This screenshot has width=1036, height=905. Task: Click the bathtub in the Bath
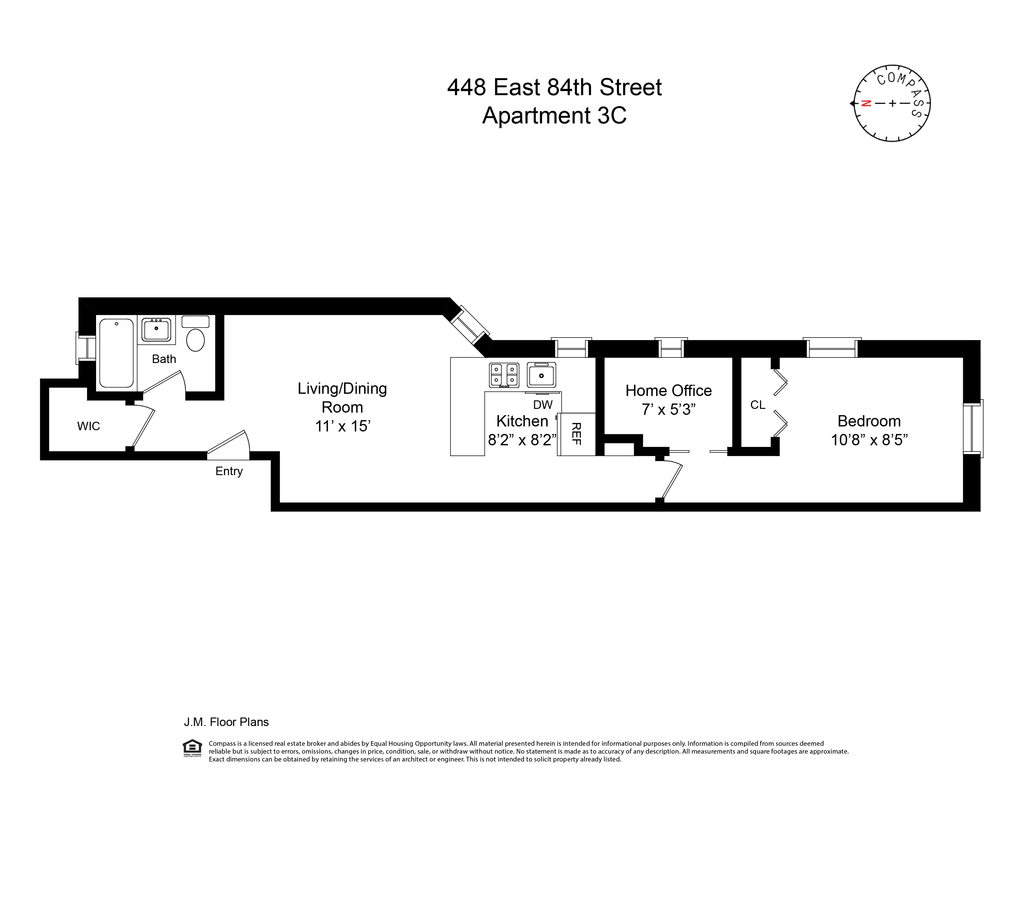click(116, 353)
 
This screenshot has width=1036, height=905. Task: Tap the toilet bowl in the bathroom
click(195, 339)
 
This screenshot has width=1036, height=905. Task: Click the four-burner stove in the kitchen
click(504, 375)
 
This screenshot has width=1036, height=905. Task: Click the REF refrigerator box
click(576, 434)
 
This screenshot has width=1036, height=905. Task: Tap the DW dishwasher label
click(543, 404)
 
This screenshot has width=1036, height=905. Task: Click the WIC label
click(88, 426)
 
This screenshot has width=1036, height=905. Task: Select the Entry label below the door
click(229, 471)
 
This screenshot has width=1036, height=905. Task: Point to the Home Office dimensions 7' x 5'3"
click(668, 409)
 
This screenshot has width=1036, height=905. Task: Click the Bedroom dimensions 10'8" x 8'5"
click(869, 440)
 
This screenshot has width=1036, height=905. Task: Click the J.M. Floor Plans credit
click(226, 722)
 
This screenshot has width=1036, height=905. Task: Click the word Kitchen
click(522, 421)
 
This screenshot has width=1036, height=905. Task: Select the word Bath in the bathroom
click(164, 359)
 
